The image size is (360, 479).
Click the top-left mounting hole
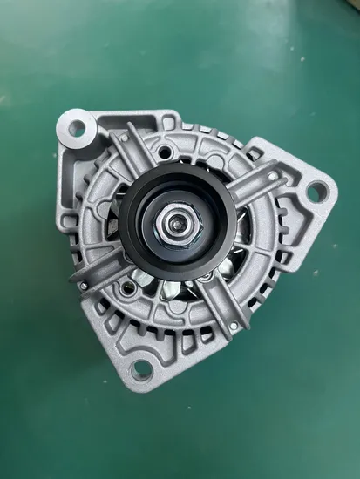coord(77,128)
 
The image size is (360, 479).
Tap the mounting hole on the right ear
coord(317,191)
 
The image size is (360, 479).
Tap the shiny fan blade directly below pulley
coord(179,287)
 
